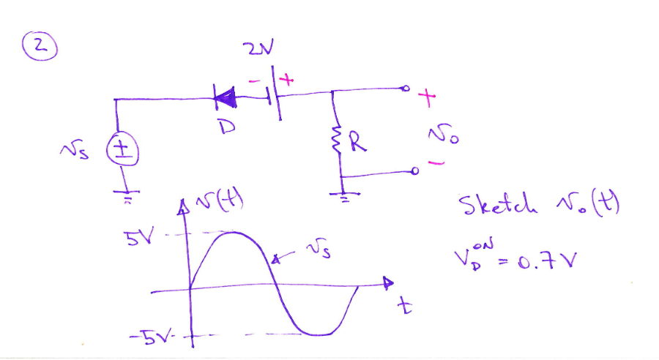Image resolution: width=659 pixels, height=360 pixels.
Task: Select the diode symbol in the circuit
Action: coord(226,94)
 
